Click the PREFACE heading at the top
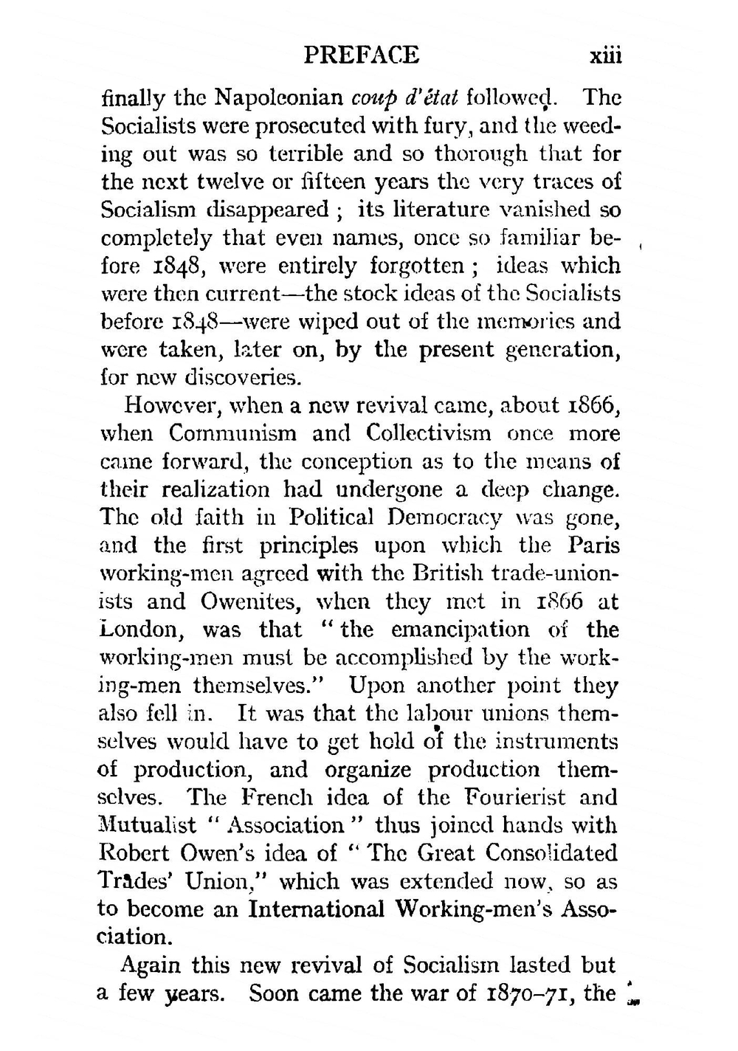tap(362, 55)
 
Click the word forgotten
tap(417, 266)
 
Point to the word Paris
tap(594, 545)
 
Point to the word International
tap(317, 909)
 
